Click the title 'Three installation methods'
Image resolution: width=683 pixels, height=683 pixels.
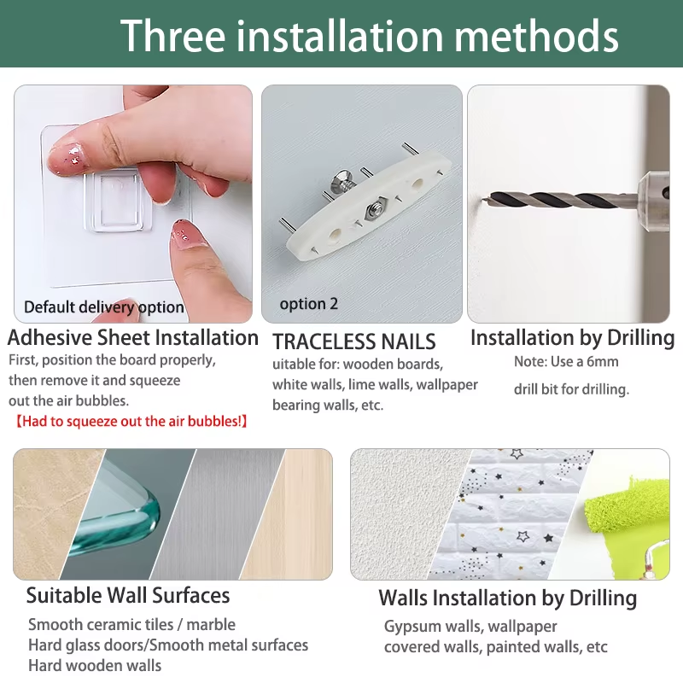(369, 36)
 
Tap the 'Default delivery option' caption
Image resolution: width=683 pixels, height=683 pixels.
(103, 307)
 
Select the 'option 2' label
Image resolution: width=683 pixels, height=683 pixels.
(309, 304)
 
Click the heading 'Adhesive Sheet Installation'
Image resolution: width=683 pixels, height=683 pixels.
(133, 337)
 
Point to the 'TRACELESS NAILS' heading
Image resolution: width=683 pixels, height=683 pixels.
(353, 341)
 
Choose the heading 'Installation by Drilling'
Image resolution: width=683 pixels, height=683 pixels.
(572, 338)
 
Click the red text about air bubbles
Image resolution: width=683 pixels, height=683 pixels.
(131, 421)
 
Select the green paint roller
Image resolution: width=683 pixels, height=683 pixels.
(628, 509)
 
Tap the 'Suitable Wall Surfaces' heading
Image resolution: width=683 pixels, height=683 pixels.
(128, 595)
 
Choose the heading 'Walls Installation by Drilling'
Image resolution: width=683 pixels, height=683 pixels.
(507, 598)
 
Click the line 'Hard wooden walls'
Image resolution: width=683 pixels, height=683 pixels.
(95, 666)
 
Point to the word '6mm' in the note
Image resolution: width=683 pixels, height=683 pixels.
(602, 361)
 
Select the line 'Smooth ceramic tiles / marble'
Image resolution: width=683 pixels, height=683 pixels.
(132, 625)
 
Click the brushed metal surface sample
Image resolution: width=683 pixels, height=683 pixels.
(218, 514)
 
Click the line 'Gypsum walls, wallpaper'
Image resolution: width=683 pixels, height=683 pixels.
(470, 627)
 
